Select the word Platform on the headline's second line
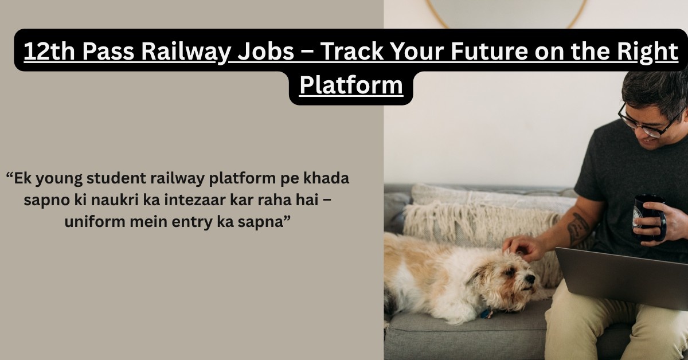pos(351,85)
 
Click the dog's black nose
pos(530,279)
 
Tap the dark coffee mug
pos(648,217)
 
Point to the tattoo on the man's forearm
pos(578,228)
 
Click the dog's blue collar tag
pos(486,314)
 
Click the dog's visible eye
pos(510,272)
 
